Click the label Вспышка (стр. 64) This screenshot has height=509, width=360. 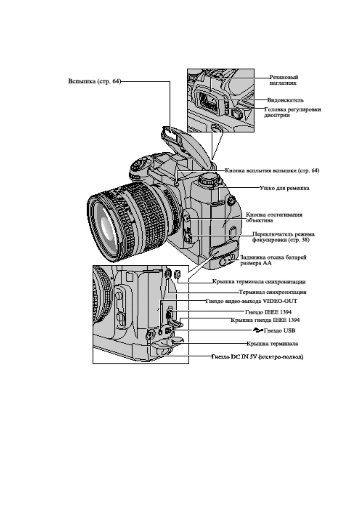tap(94, 82)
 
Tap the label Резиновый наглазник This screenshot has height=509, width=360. tap(283, 80)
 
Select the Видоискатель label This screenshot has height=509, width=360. tap(285, 100)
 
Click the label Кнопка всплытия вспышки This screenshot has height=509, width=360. tap(272, 170)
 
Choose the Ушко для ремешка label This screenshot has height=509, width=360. tap(284, 188)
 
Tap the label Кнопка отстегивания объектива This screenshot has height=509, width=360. tap(274, 217)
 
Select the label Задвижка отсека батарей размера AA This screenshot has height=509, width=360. tap(273, 260)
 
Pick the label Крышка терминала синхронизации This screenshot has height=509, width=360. tap(259, 282)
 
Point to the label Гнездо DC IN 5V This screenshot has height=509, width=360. tap(257, 357)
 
